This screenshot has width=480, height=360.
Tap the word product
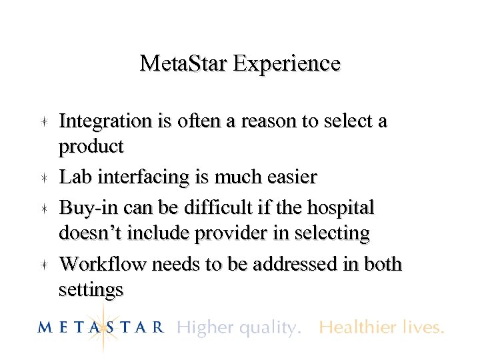tap(91, 146)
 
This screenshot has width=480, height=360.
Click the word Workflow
tap(103, 265)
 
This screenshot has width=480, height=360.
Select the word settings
tap(91, 290)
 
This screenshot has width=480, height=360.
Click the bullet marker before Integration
tap(42, 121)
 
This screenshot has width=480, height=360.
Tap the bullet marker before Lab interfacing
tap(42, 177)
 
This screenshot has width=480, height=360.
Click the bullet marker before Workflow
tap(42, 265)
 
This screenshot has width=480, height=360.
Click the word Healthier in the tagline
tap(353, 327)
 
